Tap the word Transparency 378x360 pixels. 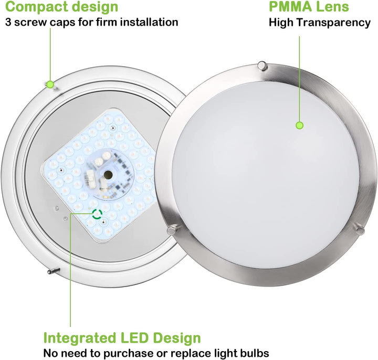333,23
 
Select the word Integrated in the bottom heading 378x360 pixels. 78,338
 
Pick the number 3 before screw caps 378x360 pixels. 8,22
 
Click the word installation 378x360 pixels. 149,22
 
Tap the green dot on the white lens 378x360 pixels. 300,125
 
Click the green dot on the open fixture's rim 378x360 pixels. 50,84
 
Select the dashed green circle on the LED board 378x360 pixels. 97,214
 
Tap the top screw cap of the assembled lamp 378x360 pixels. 262,66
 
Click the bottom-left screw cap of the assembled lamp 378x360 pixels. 173,230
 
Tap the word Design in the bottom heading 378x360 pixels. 177,338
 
